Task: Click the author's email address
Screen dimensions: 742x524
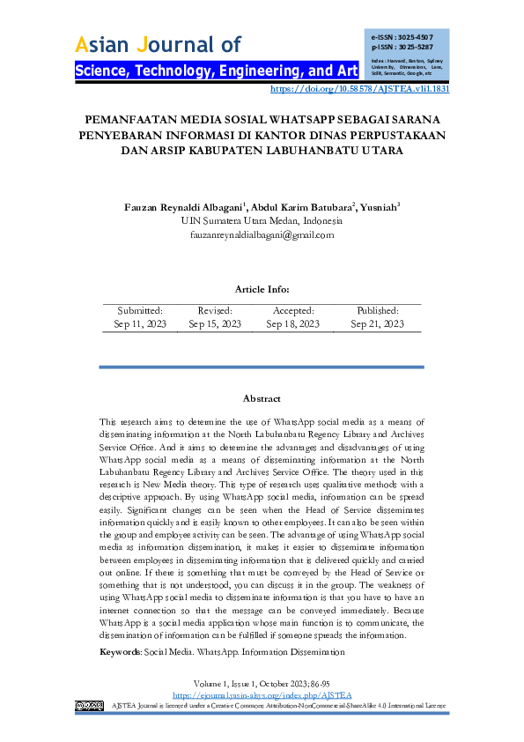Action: coord(262,235)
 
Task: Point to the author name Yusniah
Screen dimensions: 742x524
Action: coord(379,208)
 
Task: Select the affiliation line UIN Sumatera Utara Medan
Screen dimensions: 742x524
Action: coord(262,221)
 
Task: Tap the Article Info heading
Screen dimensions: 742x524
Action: coord(262,289)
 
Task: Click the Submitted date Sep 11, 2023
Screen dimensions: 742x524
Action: coord(139,324)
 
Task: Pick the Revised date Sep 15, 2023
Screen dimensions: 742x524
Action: coord(215,324)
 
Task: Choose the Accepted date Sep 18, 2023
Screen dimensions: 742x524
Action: coord(292,324)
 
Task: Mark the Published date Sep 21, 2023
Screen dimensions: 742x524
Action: coord(377,324)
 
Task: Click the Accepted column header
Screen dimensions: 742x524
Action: coord(292,311)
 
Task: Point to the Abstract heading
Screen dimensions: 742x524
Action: coord(262,399)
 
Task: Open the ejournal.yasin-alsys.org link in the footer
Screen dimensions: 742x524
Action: coord(262,695)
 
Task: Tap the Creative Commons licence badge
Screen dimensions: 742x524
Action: coord(90,706)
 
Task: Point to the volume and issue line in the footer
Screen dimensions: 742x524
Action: coord(262,684)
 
